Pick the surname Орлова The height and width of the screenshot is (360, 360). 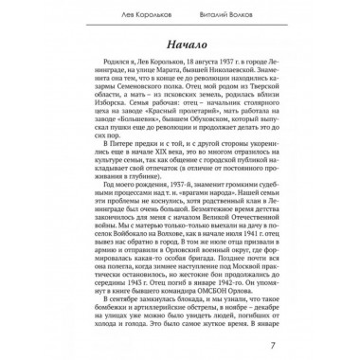coord(258,292)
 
